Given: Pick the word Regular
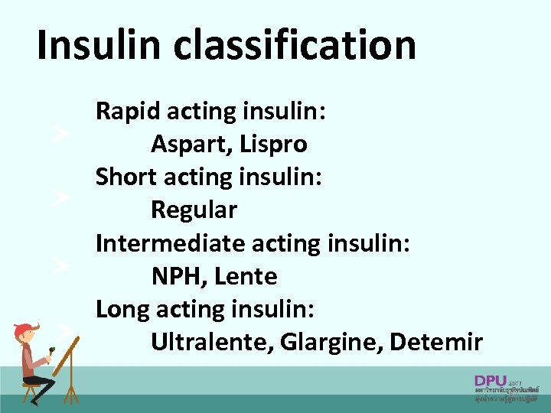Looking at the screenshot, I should tap(194, 209).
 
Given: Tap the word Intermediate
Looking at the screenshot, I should tap(169, 243).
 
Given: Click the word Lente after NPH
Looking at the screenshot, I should tap(246, 276).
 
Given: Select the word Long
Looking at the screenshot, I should tap(122, 309).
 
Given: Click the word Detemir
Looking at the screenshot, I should tap(435, 342).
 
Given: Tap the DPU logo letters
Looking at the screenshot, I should tap(490, 380).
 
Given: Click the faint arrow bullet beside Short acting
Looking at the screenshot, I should tap(60, 198).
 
